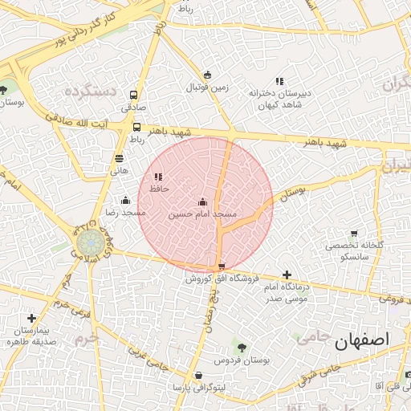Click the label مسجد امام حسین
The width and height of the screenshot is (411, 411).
203,215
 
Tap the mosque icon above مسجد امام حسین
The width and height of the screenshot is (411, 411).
202,201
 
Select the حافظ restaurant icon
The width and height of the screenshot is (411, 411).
157,177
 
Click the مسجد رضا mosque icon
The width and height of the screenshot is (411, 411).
124,201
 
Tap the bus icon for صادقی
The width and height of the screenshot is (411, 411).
132,94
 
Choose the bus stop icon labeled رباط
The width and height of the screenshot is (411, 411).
136,127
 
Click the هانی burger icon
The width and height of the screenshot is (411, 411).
119,159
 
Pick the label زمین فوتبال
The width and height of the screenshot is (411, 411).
210,86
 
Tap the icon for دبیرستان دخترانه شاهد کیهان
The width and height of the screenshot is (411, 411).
279,81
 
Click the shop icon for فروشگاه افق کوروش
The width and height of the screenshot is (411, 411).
222,267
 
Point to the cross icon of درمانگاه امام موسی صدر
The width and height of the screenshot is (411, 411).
287,275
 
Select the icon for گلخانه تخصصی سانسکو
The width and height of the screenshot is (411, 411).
354,233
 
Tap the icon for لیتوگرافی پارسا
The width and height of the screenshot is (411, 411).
198,376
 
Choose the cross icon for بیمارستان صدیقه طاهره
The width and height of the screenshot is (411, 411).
31,319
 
